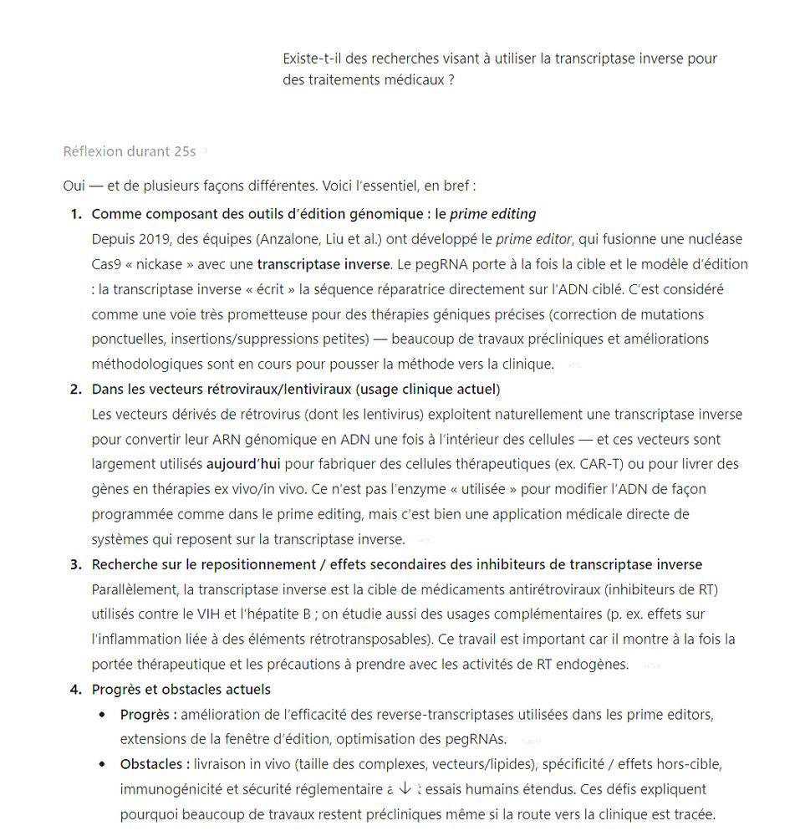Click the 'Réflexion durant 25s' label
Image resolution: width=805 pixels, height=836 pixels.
[130, 151]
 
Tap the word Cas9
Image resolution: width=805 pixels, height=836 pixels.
[106, 264]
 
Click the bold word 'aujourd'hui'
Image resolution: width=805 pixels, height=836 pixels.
[243, 464]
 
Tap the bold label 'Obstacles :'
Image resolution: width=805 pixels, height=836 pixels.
[155, 764]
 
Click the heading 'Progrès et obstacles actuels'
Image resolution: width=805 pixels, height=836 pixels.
[181, 690]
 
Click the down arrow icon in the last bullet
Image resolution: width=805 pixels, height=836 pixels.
[405, 788]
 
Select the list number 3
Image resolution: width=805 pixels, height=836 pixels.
[76, 564]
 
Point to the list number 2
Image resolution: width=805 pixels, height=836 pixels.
[76, 389]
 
